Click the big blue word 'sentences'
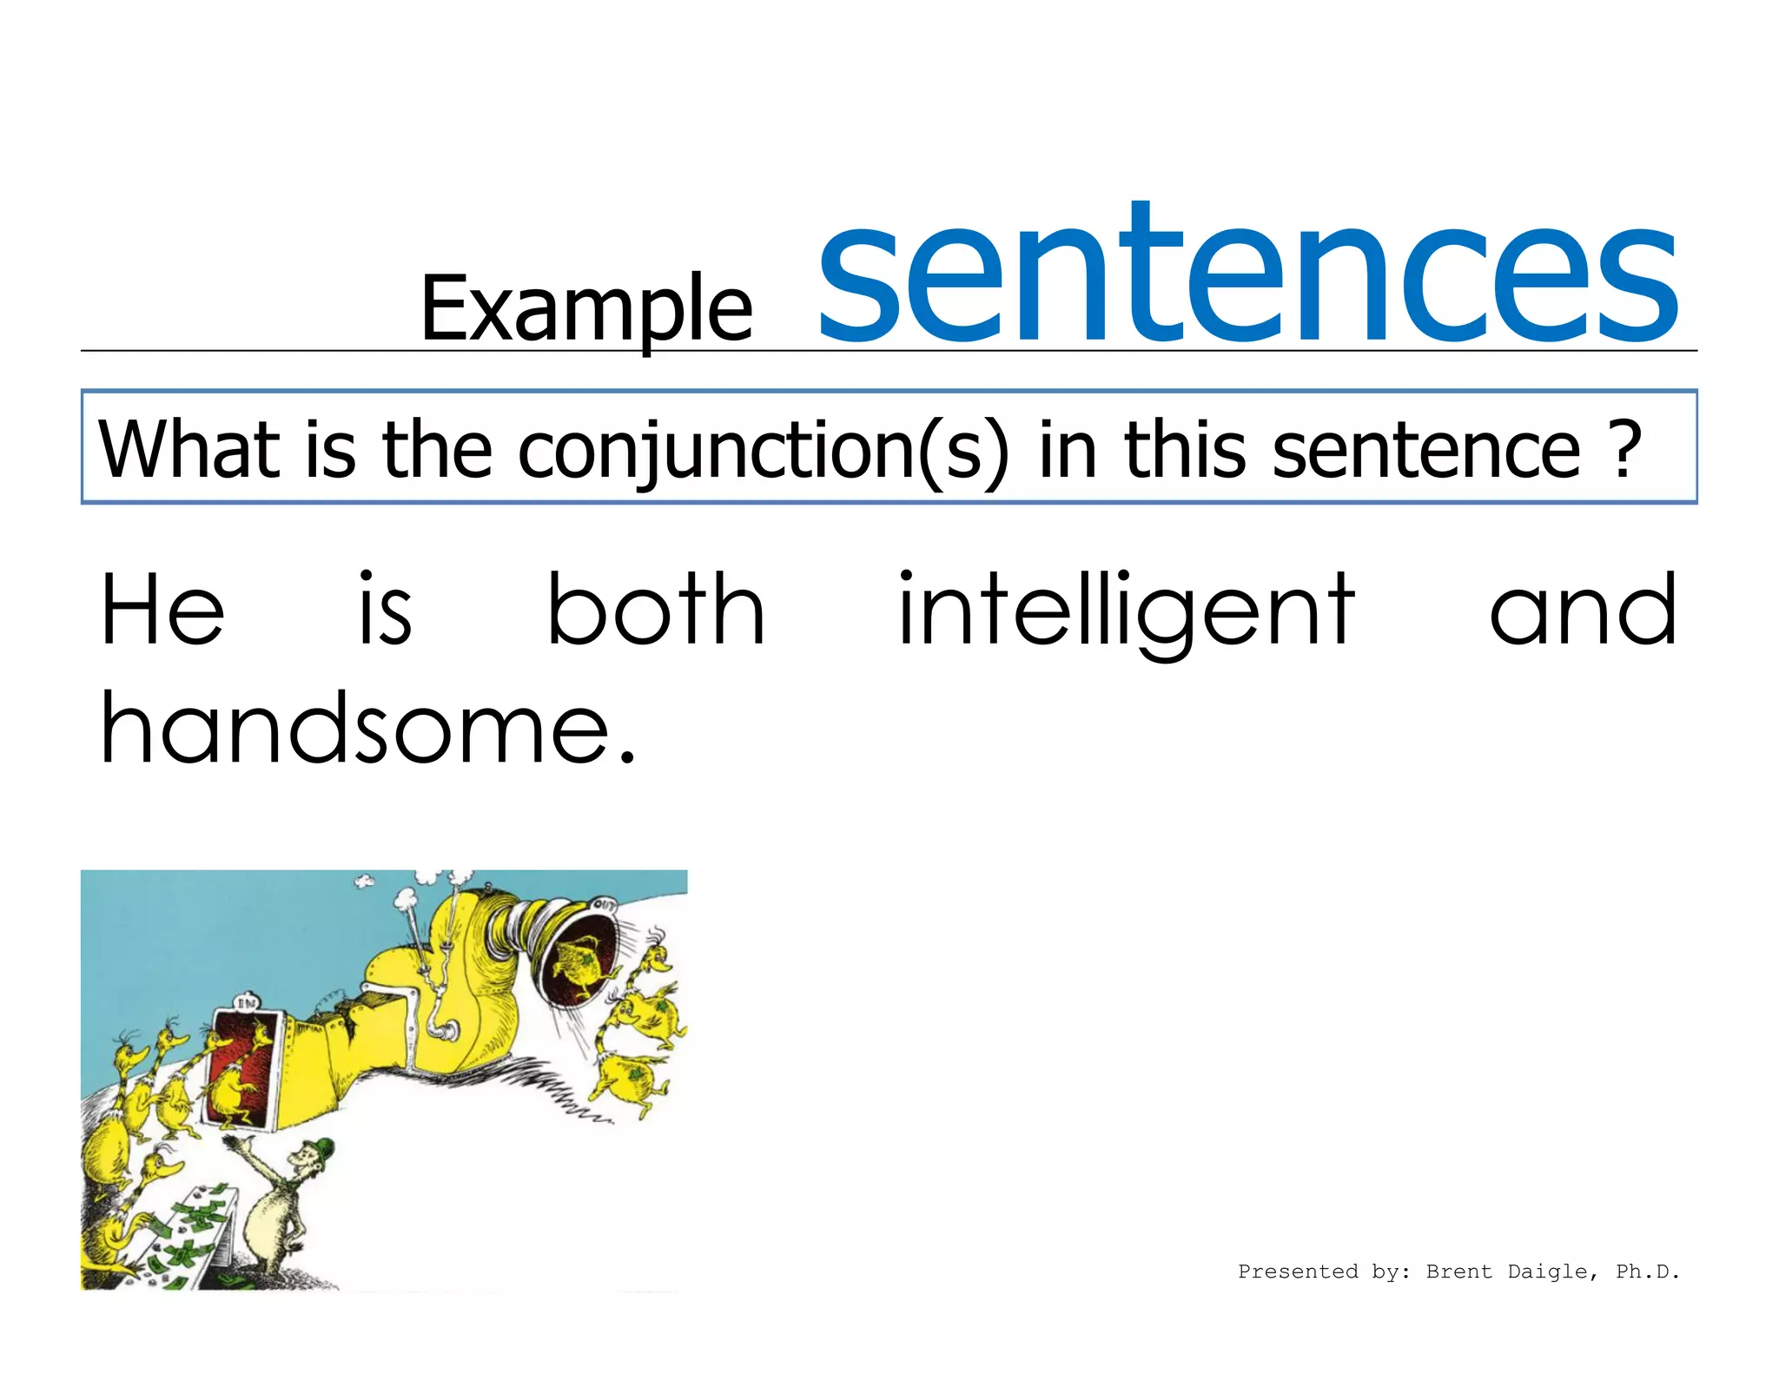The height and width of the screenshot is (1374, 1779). click(1247, 276)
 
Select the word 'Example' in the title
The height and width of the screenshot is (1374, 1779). click(586, 309)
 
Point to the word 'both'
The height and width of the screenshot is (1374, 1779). click(656, 611)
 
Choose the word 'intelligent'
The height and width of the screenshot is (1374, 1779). click(1126, 613)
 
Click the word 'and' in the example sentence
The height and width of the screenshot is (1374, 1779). click(1583, 611)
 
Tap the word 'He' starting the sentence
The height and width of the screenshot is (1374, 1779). click(162, 611)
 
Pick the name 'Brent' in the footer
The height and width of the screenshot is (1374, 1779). click(1458, 1272)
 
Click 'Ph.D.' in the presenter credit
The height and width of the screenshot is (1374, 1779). click(1647, 1272)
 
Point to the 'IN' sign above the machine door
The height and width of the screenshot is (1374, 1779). click(248, 1003)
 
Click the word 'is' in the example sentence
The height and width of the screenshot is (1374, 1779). click(385, 611)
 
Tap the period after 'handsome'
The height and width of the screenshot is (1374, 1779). click(628, 756)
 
